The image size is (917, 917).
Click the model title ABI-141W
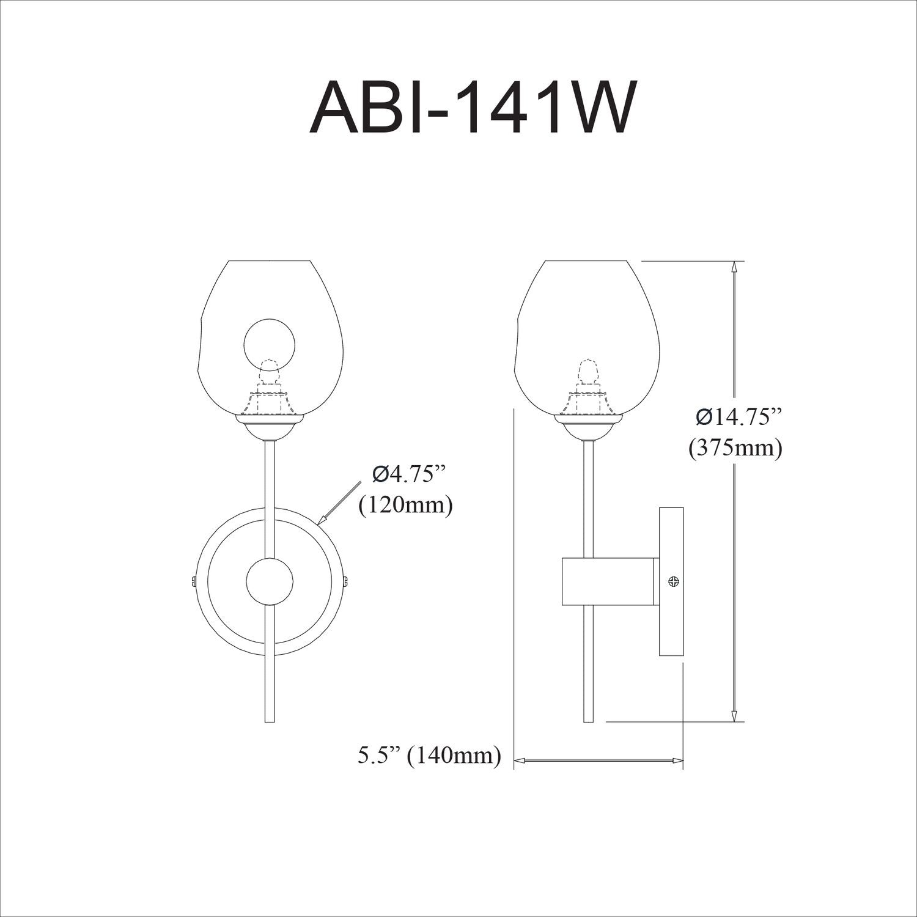tap(470, 108)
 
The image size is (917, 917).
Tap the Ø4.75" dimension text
tap(406, 474)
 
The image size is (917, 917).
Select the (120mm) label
tap(406, 505)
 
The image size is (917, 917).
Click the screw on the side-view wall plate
tap(674, 581)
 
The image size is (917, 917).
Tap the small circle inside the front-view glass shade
tap(270, 343)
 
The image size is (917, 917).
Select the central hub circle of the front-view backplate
tap(269, 582)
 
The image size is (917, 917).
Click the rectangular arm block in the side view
tap(609, 581)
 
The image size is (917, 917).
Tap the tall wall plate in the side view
tap(671, 581)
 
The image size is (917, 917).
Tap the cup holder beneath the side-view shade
tap(587, 426)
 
